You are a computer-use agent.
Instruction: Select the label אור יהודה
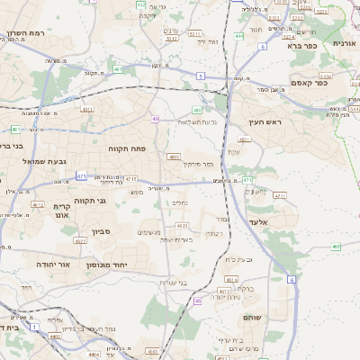pyautogui.click(x=36, y=265)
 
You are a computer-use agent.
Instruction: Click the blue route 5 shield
pyautogui.click(x=200, y=76)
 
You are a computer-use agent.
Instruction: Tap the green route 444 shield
pyautogui.click(x=238, y=36)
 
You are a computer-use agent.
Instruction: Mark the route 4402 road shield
pyautogui.click(x=81, y=336)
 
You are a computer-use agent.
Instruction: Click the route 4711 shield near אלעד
pyautogui.click(x=280, y=195)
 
